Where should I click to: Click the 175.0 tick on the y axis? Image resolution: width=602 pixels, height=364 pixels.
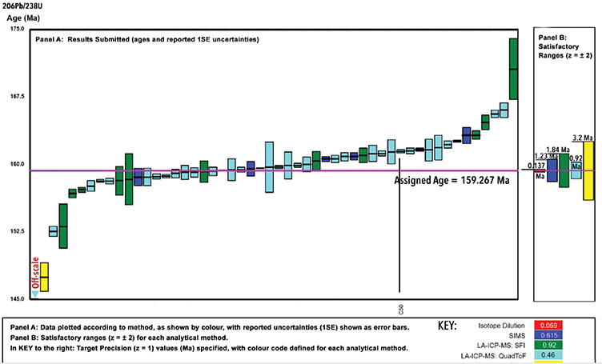[x=15, y=29]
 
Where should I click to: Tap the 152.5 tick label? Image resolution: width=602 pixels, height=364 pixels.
[x=15, y=231]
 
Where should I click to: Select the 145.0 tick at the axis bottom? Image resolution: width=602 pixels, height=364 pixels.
[x=15, y=298]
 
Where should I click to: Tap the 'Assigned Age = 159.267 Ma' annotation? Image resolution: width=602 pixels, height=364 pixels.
[x=452, y=180]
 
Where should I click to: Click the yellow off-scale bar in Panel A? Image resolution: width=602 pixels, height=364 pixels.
[x=44, y=277]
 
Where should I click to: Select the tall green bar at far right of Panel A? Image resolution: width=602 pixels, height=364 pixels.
[x=512, y=69]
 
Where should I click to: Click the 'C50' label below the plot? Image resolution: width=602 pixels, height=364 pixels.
[x=399, y=308]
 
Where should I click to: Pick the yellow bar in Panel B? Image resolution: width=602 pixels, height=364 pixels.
[x=588, y=170]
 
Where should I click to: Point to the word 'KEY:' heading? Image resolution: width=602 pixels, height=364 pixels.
[x=447, y=327]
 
